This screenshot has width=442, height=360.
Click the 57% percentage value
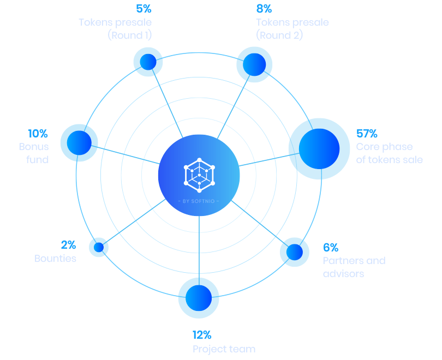[367, 134]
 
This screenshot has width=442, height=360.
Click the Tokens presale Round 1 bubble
[148, 62]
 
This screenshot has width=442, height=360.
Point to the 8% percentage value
[264, 9]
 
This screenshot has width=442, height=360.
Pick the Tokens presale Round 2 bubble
[254, 64]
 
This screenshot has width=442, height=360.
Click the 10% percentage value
[38, 134]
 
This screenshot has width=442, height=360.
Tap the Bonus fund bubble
[79, 142]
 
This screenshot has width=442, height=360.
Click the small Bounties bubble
[99, 247]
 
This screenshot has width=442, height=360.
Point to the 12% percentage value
[202, 335]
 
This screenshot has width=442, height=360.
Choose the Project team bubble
[199, 297]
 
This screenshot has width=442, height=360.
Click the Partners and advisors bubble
[295, 251]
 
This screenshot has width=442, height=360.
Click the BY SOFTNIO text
[199, 201]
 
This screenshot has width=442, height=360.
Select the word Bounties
[55, 259]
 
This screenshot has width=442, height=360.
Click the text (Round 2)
[279, 35]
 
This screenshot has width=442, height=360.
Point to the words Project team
[224, 349]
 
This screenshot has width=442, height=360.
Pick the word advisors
[343, 274]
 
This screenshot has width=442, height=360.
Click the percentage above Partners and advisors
[330, 248]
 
